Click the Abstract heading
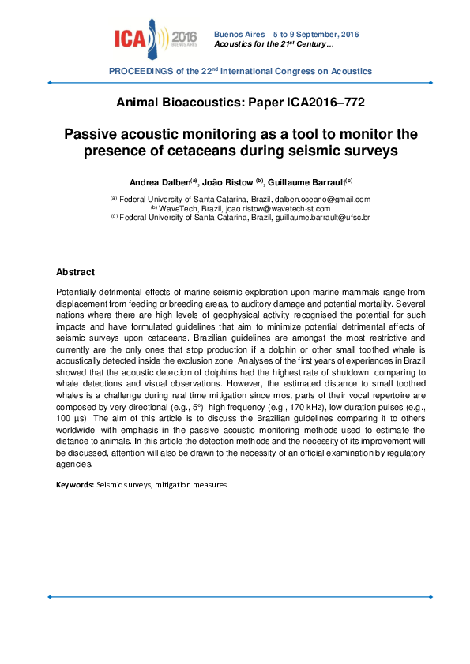point(75,272)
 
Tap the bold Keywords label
point(74,484)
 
